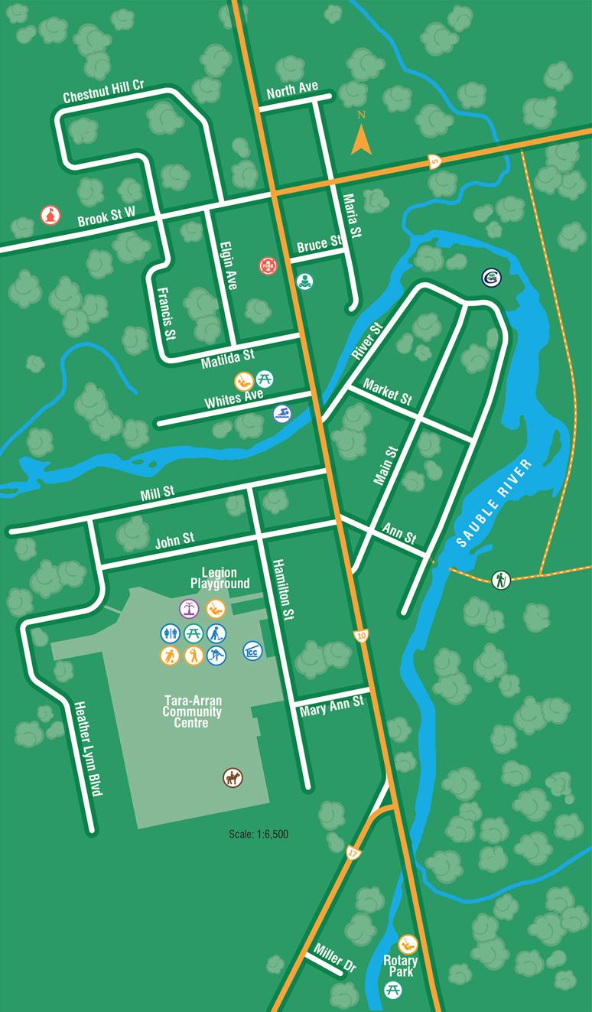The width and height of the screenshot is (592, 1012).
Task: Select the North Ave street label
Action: [292, 91]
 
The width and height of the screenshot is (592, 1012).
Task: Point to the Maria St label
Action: [351, 215]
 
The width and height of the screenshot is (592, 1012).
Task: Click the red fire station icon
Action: [267, 265]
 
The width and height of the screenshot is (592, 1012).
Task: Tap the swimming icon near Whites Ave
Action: [282, 414]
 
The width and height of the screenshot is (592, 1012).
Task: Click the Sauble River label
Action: [493, 504]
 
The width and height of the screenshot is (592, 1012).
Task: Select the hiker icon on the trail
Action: [500, 579]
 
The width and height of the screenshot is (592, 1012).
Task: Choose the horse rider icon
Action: [233, 778]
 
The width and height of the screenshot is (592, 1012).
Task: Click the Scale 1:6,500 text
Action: [259, 835]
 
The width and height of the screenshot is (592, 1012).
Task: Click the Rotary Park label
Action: [402, 966]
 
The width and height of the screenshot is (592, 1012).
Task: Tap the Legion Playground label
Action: [220, 578]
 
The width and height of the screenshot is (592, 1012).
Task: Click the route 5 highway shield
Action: [434, 161]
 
